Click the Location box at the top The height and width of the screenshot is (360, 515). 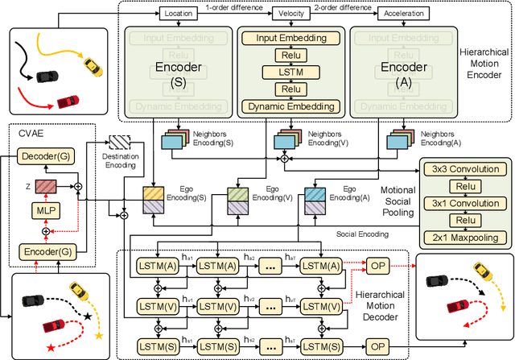click(x=179, y=14)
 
